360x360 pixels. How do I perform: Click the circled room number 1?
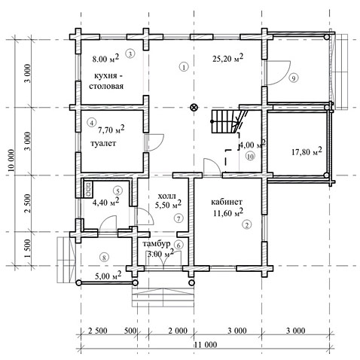(184, 67)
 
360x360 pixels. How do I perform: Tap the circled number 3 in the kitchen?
(130, 53)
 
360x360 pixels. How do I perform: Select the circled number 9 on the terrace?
(293, 78)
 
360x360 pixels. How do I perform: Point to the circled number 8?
(104, 257)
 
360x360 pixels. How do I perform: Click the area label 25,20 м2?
(228, 58)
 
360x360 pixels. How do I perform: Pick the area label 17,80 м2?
(307, 151)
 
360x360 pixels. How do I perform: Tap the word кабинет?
(227, 202)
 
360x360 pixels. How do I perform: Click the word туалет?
(103, 143)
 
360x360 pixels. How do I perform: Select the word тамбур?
(157, 243)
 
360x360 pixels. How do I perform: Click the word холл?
(166, 196)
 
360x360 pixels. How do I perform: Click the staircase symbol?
(224, 122)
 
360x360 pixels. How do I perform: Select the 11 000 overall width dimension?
(206, 345)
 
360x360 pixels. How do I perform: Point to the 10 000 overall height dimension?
(11, 160)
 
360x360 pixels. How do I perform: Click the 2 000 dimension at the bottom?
(178, 331)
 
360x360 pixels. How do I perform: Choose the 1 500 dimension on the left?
(28, 249)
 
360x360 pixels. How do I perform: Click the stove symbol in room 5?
(89, 190)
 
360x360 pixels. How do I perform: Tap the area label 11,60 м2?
(228, 213)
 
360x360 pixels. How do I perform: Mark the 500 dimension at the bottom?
(130, 331)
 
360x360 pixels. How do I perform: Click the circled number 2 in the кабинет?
(247, 224)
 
